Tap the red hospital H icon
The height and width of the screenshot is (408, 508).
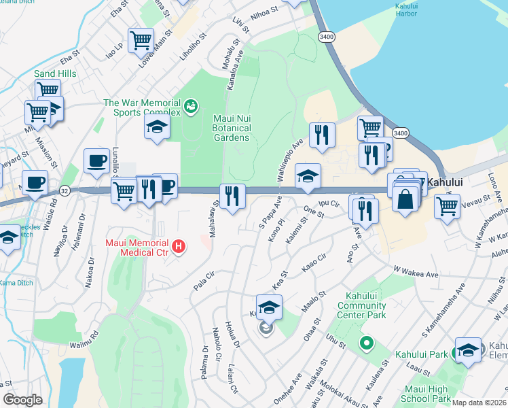(x=179, y=245)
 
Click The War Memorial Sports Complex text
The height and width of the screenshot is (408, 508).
(x=141, y=108)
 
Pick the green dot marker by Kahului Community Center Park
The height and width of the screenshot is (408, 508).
(x=367, y=344)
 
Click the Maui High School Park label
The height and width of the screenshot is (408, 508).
(x=427, y=394)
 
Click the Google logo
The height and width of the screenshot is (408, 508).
(x=22, y=400)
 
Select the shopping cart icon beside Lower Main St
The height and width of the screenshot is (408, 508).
(x=140, y=39)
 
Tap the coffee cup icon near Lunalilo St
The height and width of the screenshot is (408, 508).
(x=97, y=160)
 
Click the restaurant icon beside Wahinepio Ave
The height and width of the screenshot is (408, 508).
(x=322, y=135)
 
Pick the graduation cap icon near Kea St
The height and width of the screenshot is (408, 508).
(x=269, y=307)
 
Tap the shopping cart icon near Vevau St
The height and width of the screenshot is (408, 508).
(x=447, y=204)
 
